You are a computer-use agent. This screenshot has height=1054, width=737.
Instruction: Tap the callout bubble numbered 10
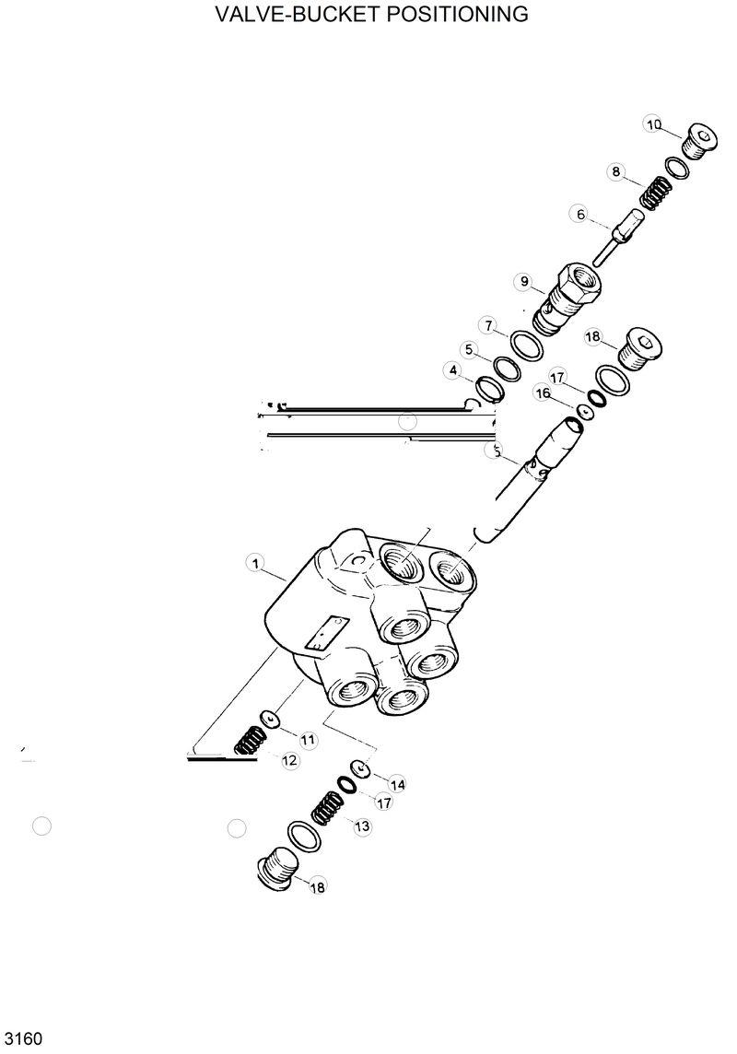point(653,125)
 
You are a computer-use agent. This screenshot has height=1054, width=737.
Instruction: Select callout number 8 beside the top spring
point(615,171)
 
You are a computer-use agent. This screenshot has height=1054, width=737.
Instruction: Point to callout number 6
point(580,215)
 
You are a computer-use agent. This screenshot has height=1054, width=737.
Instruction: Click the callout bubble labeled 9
point(524,281)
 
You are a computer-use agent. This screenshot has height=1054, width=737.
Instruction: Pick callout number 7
point(489,325)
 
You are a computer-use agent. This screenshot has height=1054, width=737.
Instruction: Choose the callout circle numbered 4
point(452,370)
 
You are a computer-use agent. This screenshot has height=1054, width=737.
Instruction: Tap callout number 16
point(543,393)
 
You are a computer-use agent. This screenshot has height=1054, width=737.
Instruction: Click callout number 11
point(307,739)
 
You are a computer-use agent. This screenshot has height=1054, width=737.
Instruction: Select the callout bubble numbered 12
point(289,760)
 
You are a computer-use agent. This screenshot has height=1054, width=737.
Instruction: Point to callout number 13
point(362,826)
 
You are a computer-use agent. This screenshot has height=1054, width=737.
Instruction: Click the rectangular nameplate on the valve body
point(324,636)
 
